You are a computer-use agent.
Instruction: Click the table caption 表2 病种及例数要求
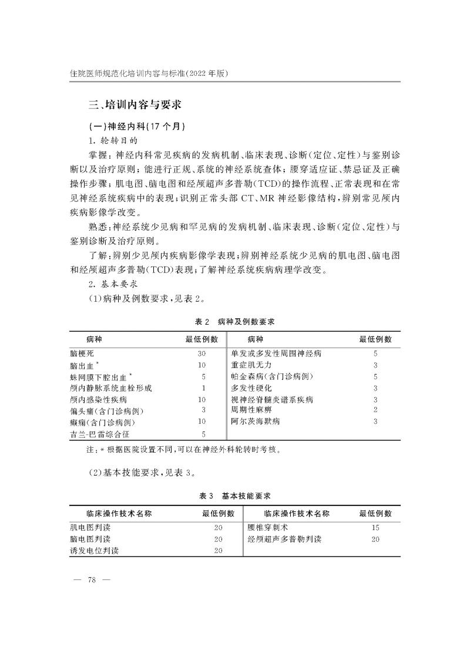click(235, 322)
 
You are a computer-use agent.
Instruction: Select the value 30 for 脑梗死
click(202, 354)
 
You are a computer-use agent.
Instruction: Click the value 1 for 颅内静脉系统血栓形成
click(203, 388)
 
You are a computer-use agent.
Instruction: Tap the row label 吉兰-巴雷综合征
click(99, 434)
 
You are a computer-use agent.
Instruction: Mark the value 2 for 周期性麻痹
click(375, 410)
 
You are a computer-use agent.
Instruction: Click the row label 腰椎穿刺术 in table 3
click(267, 527)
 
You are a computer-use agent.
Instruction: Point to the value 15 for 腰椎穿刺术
click(375, 527)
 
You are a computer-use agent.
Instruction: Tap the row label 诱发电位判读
click(94, 550)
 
